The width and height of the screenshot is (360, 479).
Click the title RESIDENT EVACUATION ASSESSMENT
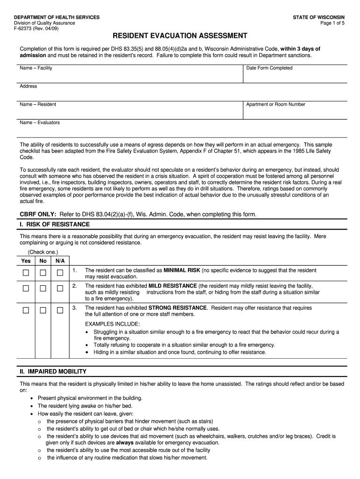180,36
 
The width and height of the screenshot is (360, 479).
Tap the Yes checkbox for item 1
26,273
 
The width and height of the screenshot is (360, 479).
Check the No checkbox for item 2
43,289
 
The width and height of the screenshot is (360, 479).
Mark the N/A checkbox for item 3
60,310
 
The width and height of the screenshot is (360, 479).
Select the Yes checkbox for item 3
26,310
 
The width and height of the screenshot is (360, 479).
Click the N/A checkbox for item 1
60,273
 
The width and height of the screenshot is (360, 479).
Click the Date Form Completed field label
269,68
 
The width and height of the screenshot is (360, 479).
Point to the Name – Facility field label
36,68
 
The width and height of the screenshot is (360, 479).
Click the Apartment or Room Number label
276,104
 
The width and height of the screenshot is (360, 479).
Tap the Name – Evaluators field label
40,123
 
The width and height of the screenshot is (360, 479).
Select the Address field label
29,86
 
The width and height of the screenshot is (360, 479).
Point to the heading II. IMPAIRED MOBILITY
53,371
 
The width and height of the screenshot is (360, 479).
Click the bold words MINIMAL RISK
181,270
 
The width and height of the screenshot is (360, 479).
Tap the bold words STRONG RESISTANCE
177,308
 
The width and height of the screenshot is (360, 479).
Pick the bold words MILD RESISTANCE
173,286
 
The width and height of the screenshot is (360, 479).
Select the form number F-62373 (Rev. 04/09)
36,28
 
